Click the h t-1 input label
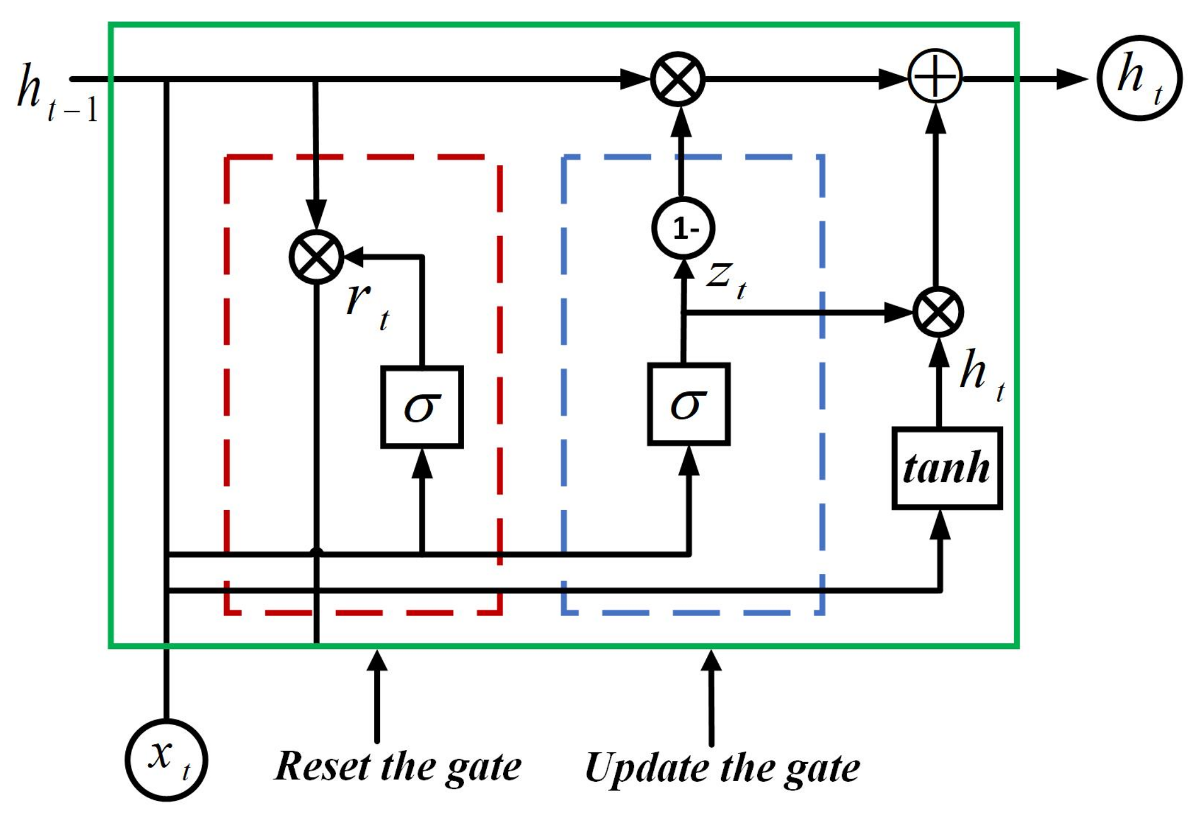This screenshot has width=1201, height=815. point(54,93)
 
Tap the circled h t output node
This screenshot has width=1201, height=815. point(1139,78)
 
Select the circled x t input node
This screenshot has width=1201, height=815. point(166,759)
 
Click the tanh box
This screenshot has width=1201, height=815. point(946,468)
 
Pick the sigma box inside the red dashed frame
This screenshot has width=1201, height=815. point(422,407)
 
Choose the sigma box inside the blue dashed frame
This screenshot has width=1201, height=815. point(688,404)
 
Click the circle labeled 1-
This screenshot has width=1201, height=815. point(683,228)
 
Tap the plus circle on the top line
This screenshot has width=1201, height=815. point(934,76)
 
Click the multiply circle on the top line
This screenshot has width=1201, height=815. point(678,79)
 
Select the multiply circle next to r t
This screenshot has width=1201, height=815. point(316,257)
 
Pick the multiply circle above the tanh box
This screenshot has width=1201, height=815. point(938,312)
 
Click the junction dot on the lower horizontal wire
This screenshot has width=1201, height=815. point(316,552)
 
